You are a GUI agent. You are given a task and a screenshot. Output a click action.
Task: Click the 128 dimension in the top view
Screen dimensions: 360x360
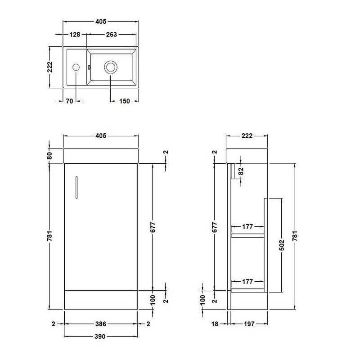[x=75, y=35]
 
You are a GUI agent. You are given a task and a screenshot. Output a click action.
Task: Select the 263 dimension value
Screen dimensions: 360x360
[x=112, y=35]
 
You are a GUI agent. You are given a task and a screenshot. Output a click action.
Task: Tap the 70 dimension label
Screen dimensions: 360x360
[x=69, y=101]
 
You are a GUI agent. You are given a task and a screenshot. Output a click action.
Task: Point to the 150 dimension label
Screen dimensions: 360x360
[x=124, y=101]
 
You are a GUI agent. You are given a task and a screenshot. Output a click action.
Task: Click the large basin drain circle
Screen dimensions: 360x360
[x=111, y=67]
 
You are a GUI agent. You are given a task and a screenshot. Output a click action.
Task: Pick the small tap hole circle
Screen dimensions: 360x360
[x=76, y=67]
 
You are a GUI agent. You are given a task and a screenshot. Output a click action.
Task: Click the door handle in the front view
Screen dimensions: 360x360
[x=76, y=186]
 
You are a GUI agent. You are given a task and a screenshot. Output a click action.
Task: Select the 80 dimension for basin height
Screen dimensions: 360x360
[x=50, y=156]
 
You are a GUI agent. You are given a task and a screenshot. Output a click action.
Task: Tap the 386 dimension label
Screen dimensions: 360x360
[x=100, y=324]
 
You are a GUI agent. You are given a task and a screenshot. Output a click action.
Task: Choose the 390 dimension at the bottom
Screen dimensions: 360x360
[x=100, y=337]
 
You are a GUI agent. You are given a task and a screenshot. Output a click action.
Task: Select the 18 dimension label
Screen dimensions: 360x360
[x=215, y=324]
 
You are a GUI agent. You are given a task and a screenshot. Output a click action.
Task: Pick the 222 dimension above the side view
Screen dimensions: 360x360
[x=247, y=136]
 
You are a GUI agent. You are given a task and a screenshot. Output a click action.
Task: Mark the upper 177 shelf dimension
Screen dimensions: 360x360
[x=247, y=227]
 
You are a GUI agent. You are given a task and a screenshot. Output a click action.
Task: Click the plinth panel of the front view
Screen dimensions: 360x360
[x=100, y=299]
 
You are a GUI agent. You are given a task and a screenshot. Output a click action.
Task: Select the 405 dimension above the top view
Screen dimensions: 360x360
[x=100, y=22]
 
